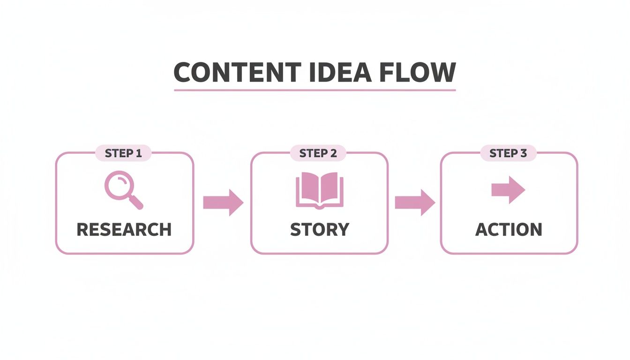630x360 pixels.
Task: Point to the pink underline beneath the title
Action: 315,90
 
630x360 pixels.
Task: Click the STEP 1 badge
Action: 123,153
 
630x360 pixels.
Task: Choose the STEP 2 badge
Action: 318,153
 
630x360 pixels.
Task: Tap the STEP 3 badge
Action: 508,153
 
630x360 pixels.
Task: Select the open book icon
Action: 319,190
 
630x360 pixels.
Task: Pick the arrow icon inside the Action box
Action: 508,190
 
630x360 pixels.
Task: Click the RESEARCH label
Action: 124,230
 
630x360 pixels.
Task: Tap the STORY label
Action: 319,230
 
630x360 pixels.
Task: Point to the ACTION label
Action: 509,230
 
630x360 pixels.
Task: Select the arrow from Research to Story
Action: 223,202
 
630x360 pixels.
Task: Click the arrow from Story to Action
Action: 415,202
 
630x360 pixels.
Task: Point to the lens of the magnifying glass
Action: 117,184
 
